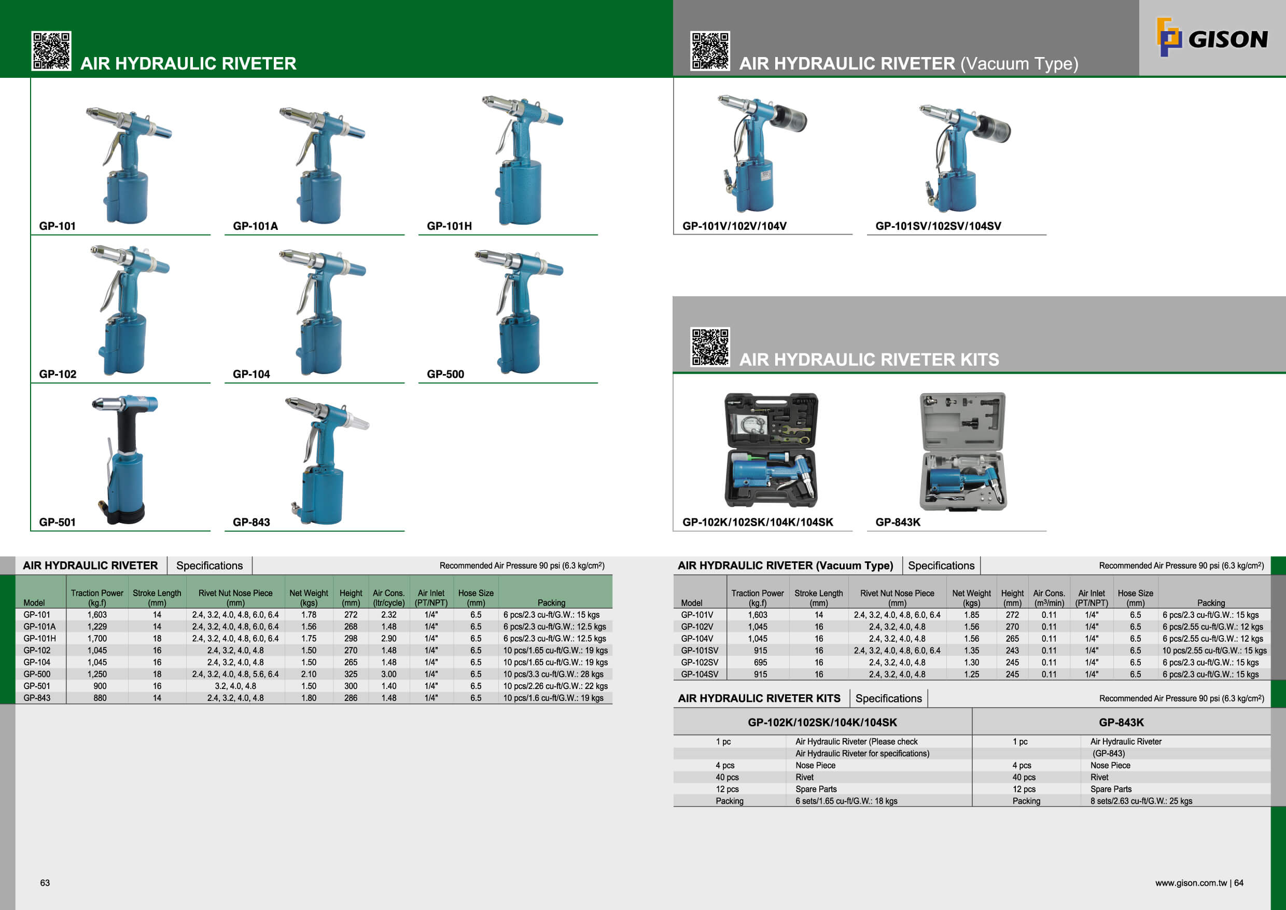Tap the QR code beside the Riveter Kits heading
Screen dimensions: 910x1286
(710, 347)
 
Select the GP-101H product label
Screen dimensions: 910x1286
(449, 226)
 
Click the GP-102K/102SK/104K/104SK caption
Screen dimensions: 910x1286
(757, 522)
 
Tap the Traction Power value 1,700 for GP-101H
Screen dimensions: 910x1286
(97, 638)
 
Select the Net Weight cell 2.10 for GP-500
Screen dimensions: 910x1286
(309, 674)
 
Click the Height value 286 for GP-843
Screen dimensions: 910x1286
(351, 698)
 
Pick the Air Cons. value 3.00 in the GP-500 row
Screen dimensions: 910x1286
(389, 674)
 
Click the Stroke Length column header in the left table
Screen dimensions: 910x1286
(157, 597)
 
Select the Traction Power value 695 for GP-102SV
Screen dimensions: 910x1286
(760, 663)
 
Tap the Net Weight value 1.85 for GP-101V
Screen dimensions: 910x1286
(971, 615)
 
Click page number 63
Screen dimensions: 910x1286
(45, 883)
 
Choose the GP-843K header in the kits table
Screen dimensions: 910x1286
(1121, 722)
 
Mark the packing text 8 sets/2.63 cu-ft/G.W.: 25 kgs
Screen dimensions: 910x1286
(1141, 801)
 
